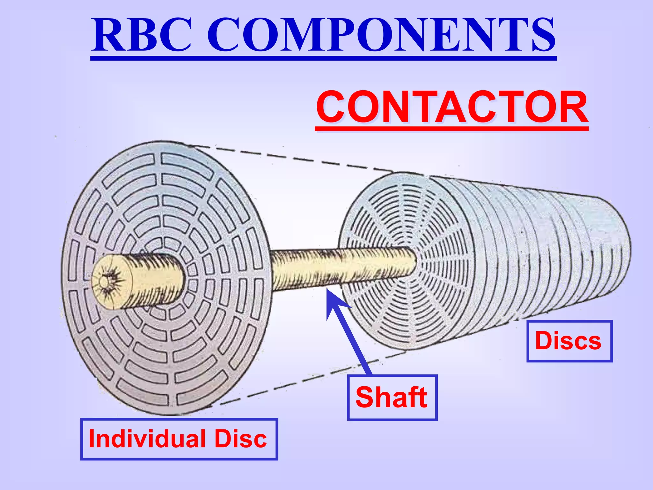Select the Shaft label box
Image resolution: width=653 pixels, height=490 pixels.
[392, 397]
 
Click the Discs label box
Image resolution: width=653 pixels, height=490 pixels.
[569, 341]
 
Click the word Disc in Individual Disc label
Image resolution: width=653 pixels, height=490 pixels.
[241, 439]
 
